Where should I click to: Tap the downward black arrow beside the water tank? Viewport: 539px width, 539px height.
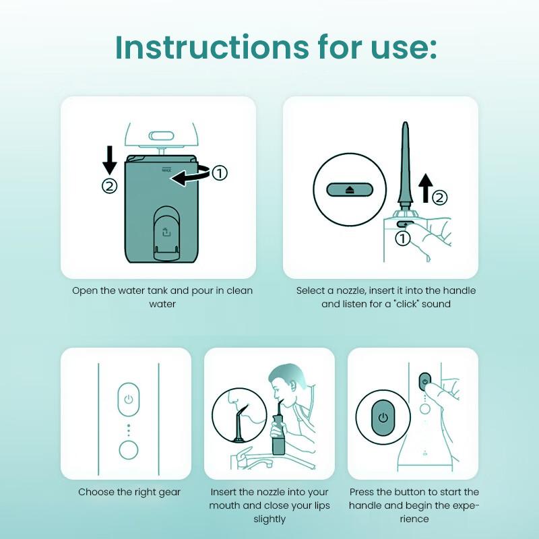click(110, 160)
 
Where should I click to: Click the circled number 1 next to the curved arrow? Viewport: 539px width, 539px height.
click(220, 172)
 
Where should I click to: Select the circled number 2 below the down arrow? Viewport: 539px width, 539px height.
click(110, 187)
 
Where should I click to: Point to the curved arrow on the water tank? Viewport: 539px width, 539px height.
click(191, 175)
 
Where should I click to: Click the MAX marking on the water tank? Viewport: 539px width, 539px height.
click(166, 169)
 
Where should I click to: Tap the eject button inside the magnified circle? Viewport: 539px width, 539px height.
click(350, 189)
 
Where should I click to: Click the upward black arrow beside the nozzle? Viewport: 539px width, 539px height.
click(426, 188)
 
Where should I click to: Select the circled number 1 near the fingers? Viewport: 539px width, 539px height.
click(402, 239)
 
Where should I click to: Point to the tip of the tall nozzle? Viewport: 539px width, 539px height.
click(406, 123)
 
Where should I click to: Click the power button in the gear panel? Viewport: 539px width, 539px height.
click(129, 400)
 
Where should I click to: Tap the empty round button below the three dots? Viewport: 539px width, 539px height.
click(129, 450)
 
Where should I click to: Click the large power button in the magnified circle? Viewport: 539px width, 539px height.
click(383, 417)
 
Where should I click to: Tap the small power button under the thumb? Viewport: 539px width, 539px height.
click(425, 382)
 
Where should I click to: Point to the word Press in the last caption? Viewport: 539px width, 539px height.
click(362, 492)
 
